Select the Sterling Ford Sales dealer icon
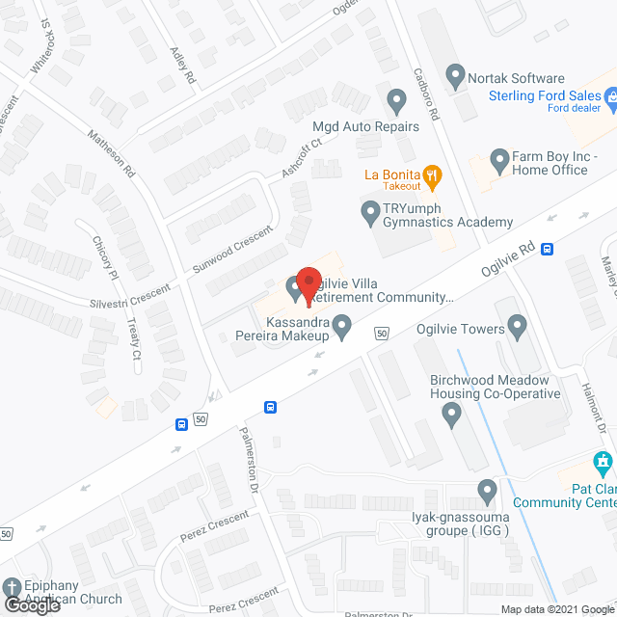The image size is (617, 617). [x=610, y=96]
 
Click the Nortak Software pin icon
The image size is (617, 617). [x=455, y=73]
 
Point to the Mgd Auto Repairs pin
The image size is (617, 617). [x=395, y=100]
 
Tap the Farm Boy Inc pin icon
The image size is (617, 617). [x=498, y=158]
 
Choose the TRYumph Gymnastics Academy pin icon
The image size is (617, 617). [x=369, y=211]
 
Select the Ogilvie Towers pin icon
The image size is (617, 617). [x=517, y=329]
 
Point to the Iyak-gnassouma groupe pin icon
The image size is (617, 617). [x=487, y=493]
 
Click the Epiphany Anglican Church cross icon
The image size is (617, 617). [x=11, y=587]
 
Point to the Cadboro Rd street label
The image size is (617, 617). [x=426, y=94]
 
